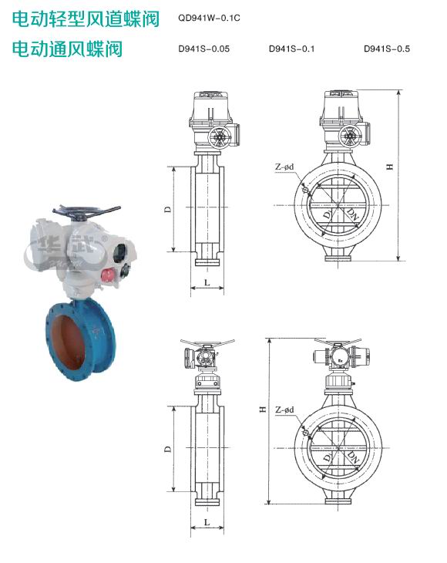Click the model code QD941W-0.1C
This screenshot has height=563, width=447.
pos(209,18)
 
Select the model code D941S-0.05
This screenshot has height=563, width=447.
pos(203,49)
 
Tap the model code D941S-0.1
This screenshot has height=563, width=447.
pos(291,49)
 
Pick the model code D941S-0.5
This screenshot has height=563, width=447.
pos(387,49)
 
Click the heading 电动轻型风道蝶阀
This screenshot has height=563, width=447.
pos(86,19)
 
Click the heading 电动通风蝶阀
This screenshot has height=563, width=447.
pos(68,49)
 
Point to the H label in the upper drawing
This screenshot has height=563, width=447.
pos(390,167)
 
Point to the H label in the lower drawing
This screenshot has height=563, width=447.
pos(263,409)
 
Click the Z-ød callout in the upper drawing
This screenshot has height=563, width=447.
pos(284,167)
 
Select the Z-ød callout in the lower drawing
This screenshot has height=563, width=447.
pos(284,410)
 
